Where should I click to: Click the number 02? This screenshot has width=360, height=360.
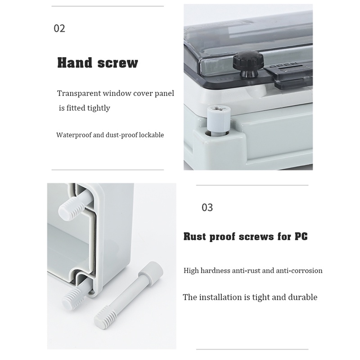59,28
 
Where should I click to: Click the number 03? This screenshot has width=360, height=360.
207,207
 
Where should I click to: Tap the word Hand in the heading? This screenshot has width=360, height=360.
74,63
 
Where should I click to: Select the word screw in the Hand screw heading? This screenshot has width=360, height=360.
118,63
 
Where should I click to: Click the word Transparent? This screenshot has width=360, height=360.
79,93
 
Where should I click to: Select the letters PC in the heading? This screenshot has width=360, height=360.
301,237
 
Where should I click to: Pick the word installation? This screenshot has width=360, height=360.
221,297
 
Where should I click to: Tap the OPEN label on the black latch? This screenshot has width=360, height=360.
283,65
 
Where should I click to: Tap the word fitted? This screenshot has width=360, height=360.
76,108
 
